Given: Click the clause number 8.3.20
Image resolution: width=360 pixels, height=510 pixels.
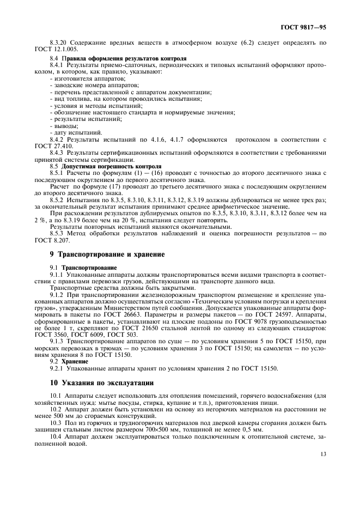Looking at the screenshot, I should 58,42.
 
